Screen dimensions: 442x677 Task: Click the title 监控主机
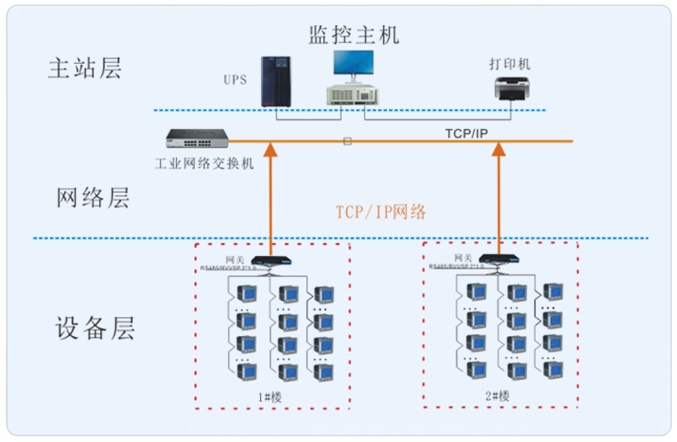pos(354,35)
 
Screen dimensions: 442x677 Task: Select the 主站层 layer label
pos(84,68)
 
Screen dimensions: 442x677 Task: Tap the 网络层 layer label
pos(93,199)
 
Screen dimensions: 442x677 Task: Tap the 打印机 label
pos(511,64)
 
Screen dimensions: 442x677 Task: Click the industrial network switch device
pos(197,137)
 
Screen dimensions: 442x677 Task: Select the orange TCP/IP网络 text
pos(381,212)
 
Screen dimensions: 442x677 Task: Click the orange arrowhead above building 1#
pos(271,151)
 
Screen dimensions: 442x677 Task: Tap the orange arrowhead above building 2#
pos(498,151)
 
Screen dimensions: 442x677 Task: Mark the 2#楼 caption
pos(499,395)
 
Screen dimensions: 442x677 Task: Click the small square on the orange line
pos(347,141)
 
